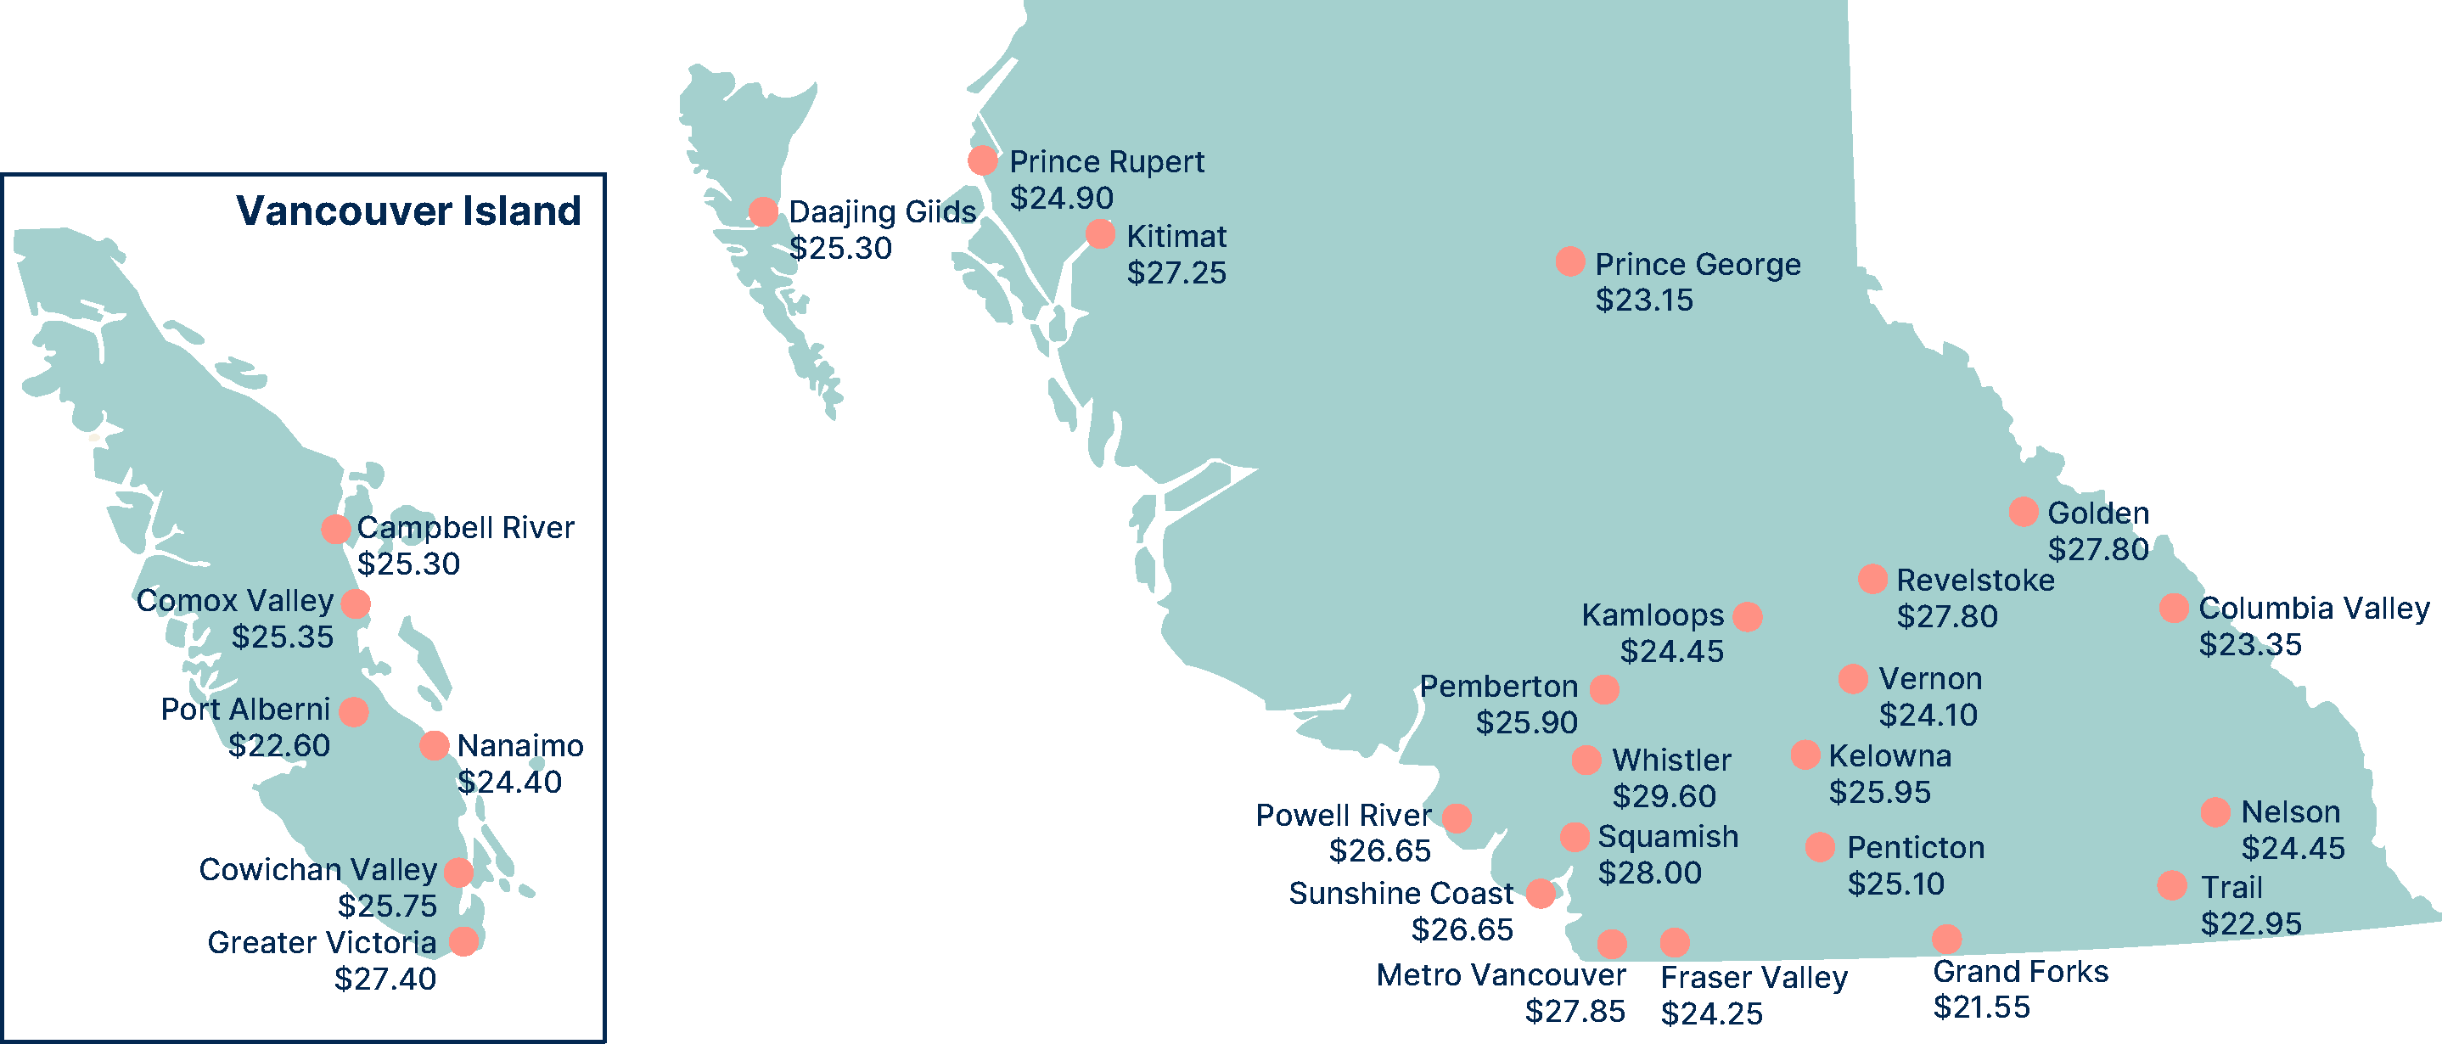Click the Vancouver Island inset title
pos(407,210)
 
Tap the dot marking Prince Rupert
pos(982,160)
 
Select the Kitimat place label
pos(1176,236)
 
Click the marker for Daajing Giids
pos(763,211)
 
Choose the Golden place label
pos(2098,513)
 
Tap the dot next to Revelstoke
pos(1872,578)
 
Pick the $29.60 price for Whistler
pos(1664,796)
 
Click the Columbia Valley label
pos(2313,608)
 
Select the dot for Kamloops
pos(1747,616)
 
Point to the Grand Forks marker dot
pos(1946,939)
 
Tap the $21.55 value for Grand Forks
pos(1981,1007)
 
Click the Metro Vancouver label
pos(1501,974)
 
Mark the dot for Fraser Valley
pos(1674,941)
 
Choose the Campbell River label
pos(464,527)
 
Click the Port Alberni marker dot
pos(354,711)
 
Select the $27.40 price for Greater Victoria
pos(385,979)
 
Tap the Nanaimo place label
pos(519,746)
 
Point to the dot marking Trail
pos(2172,885)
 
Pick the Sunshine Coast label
pos(1401,893)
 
